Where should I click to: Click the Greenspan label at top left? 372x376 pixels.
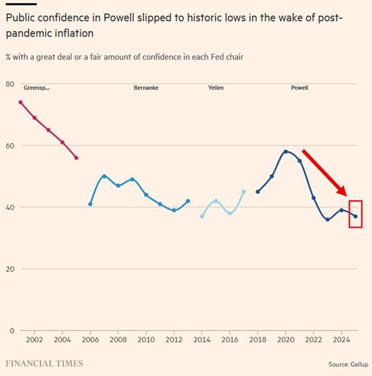coord(36,88)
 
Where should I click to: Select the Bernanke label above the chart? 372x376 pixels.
coord(145,88)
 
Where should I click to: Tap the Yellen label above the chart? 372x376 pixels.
coord(216,88)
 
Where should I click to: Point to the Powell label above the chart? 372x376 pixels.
coord(299,88)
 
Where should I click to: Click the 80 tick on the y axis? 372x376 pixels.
coord(10,84)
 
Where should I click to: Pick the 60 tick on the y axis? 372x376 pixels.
coord(10,145)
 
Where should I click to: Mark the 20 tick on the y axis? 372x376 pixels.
coord(10,269)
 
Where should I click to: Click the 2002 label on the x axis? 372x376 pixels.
coord(34,340)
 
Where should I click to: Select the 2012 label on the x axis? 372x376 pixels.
coord(174,340)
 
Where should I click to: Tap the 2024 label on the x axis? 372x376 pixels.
coord(341,340)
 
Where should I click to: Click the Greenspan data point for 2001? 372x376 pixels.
coord(20,102)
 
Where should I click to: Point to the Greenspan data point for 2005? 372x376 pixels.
coord(76,158)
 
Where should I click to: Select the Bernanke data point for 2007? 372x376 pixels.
coord(104,176)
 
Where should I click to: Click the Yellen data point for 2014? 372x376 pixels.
coord(202,216)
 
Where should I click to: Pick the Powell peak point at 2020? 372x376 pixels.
coord(286,151)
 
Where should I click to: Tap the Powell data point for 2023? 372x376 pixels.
coord(327,219)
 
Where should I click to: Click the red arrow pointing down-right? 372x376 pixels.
coord(325,172)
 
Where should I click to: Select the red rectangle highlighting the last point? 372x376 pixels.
coord(356,214)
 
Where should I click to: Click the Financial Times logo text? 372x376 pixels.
coord(44,363)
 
